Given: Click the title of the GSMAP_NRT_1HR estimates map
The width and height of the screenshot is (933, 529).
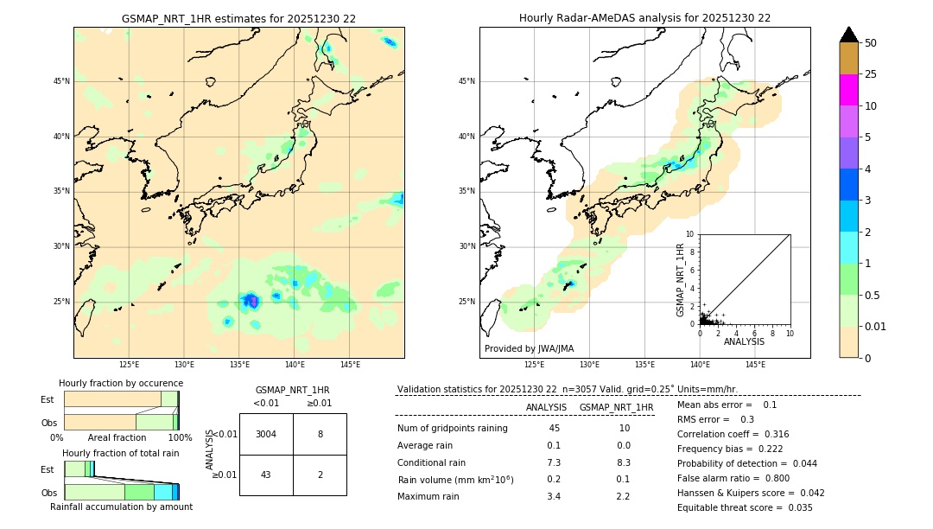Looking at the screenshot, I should click(238, 18).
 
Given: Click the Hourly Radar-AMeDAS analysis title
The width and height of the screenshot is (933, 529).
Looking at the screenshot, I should click(644, 18).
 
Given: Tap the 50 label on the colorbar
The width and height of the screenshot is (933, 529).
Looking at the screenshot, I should click(872, 43).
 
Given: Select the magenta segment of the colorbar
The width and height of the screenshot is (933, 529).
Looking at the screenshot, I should click(848, 90).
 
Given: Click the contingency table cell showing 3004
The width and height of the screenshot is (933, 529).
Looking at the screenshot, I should click(266, 434).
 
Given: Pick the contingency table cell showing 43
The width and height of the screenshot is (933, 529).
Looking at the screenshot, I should click(266, 475).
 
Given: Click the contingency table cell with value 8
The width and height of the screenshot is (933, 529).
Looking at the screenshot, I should click(320, 434).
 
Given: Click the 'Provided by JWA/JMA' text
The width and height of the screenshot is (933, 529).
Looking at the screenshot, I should click(529, 348).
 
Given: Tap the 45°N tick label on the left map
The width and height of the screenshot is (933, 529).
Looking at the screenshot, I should click(61, 81).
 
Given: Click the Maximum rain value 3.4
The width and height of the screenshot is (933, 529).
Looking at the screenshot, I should click(554, 496).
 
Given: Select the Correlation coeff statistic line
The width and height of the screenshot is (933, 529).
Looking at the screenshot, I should click(733, 434).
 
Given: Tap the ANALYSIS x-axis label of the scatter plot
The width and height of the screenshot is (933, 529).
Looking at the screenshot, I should click(744, 341).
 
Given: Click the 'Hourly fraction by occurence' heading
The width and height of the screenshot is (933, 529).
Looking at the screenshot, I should click(121, 383).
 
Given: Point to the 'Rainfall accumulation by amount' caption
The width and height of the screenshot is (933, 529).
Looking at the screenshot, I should click(121, 507).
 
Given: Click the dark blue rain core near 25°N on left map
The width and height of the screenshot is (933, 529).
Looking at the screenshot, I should click(251, 301).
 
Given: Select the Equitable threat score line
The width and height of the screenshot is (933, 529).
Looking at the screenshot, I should click(745, 507).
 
